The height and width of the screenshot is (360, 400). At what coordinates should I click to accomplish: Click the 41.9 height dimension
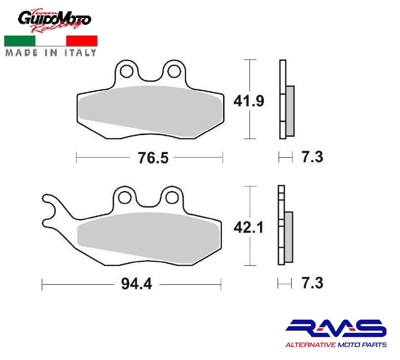click(249, 101)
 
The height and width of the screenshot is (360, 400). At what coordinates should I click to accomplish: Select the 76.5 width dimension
click(153, 158)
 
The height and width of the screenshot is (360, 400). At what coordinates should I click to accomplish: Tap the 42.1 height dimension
click(248, 227)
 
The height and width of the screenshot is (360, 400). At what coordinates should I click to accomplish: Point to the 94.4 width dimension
click(137, 284)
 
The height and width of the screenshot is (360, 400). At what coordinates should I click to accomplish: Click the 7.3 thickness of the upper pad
click(313, 157)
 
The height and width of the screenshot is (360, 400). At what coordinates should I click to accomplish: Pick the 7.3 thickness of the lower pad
click(313, 283)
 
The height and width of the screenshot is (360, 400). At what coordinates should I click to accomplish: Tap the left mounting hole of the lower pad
click(125, 197)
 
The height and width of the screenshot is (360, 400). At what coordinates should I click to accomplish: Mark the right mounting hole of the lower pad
click(172, 197)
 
